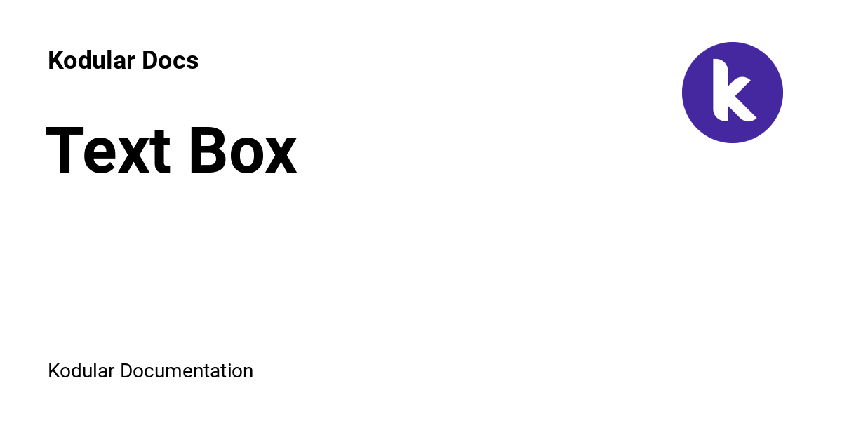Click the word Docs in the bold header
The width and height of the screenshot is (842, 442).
pos(171,60)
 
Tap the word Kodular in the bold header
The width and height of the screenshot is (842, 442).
pos(92,60)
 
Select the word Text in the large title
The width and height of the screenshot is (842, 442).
pos(108,151)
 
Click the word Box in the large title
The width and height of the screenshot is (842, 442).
pos(243,151)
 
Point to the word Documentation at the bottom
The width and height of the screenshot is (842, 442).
pos(187,371)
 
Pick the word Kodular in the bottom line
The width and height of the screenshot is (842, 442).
pos(81,371)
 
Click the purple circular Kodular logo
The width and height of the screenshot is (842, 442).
pos(733,93)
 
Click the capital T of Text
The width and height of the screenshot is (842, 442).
pos(65,151)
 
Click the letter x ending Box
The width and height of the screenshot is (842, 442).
pos(281,156)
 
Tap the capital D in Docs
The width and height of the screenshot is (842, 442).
pos(150,60)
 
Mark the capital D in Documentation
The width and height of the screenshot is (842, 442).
pos(127,371)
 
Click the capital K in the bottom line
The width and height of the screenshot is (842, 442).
pos(54,371)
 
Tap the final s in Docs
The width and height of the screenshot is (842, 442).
pos(192,62)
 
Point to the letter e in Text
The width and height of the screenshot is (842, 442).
pos(100,156)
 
